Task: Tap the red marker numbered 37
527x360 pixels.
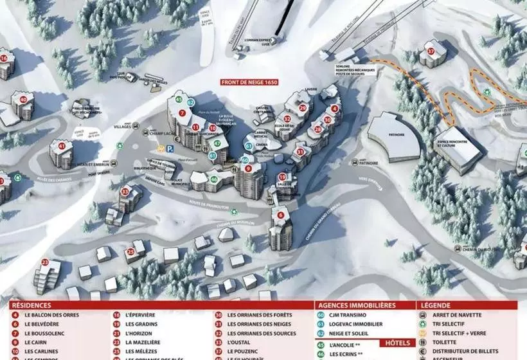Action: click(x=431, y=50)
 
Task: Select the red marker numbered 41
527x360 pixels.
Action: click(x=62, y=146)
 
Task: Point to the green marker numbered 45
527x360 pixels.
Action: click(x=179, y=99)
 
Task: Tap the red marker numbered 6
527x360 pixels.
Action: click(x=280, y=215)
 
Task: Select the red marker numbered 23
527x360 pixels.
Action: click(x=45, y=262)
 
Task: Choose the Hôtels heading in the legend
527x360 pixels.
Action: click(x=398, y=343)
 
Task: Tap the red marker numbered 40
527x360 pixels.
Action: click(x=23, y=100)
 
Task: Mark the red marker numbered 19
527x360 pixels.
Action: click(x=282, y=177)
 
